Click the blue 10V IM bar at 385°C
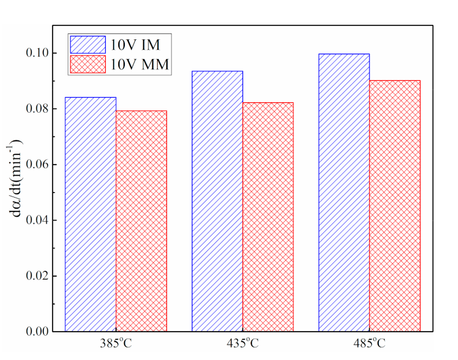click(x=91, y=214)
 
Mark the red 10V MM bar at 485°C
click(x=394, y=206)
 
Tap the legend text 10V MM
click(x=142, y=65)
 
